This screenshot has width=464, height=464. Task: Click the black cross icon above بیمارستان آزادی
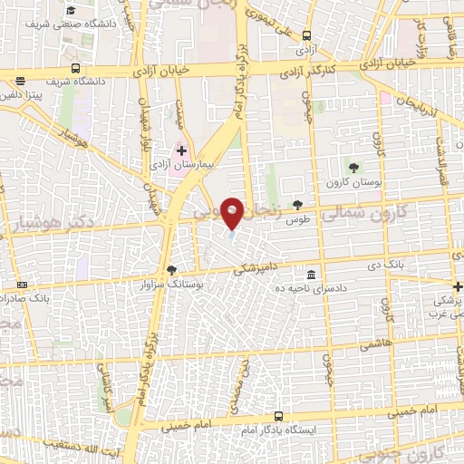(x=181, y=150)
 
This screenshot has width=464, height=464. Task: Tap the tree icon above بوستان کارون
(x=353, y=167)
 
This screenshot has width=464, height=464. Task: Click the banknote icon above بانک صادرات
(x=23, y=285)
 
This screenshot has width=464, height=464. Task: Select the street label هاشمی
(x=372, y=346)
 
